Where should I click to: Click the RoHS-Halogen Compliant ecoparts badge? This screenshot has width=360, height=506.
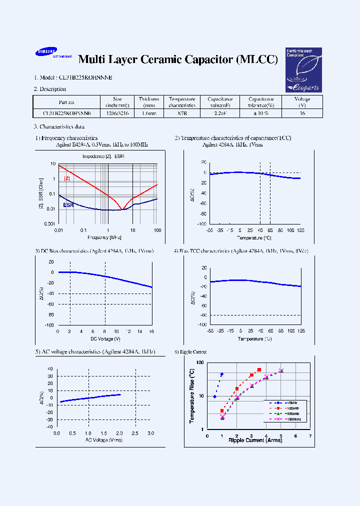303,70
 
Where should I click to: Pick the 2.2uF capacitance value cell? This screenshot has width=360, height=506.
220,113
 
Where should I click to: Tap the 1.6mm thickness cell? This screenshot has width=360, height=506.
148,113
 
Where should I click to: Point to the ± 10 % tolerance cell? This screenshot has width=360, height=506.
261,113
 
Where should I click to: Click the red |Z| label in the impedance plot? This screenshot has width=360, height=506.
67,178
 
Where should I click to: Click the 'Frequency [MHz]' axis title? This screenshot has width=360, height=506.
104,237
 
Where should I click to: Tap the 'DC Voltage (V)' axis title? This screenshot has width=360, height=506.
105,338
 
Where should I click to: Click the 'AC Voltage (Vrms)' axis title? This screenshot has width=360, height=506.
104,440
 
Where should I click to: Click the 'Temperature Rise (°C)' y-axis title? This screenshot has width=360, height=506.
192,395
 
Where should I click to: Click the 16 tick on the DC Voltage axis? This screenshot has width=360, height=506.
151,331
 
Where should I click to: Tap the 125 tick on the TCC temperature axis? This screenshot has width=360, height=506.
301,230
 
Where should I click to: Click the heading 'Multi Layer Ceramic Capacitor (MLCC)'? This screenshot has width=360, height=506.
178,59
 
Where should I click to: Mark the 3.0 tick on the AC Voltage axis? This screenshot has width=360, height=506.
150,433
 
